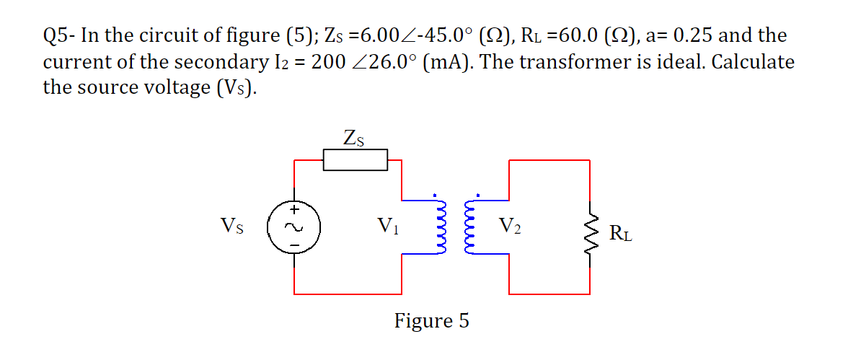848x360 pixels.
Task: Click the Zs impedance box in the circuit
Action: coord(355,160)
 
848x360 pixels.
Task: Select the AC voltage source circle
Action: coord(293,227)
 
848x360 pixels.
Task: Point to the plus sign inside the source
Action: coord(293,211)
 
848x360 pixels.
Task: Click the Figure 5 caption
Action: coord(431,320)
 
